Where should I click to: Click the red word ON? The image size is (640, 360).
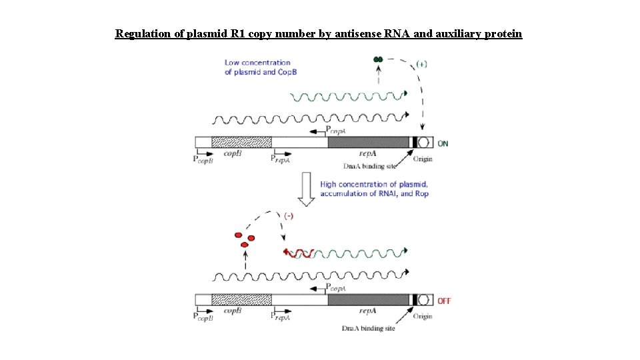(x=443, y=143)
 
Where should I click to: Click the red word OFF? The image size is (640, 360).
(x=444, y=301)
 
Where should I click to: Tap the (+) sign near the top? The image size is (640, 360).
(x=421, y=64)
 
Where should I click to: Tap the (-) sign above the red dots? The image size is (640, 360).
(x=289, y=216)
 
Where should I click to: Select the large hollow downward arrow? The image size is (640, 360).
(x=306, y=189)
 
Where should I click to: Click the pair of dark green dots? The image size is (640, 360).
(x=379, y=60)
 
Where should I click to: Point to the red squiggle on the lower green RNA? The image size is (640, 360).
(x=298, y=253)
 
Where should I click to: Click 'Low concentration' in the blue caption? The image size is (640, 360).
(x=257, y=63)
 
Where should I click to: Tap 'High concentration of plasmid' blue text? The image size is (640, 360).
(x=374, y=184)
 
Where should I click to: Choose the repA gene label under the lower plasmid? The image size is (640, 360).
(x=368, y=311)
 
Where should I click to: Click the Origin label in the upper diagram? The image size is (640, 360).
(x=423, y=159)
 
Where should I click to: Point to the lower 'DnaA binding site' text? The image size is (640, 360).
(x=368, y=329)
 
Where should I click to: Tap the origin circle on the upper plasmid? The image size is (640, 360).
(x=423, y=142)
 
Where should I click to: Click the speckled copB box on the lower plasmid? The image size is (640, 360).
(x=241, y=300)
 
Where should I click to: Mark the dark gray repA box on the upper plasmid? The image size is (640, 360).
(x=369, y=142)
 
